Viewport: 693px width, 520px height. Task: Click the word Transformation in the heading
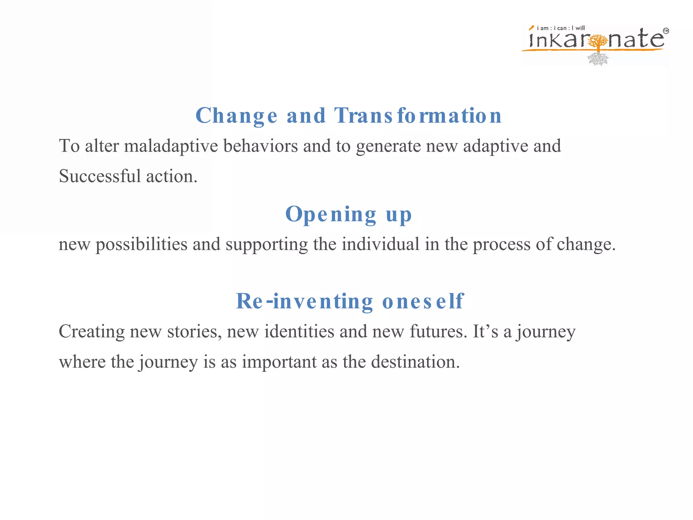(x=418, y=116)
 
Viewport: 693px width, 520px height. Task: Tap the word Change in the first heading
(x=236, y=116)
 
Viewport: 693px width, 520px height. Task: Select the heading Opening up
(x=349, y=214)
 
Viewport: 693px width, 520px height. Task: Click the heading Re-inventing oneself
(x=350, y=301)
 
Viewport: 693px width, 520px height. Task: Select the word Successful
(x=99, y=176)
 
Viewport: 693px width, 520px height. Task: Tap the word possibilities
(x=141, y=244)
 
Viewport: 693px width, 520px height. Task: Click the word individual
(x=380, y=244)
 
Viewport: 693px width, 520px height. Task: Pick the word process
(x=501, y=244)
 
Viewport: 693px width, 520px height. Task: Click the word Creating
(x=91, y=331)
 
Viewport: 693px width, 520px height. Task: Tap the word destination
(x=415, y=362)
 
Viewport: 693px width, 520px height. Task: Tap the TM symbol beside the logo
(x=666, y=31)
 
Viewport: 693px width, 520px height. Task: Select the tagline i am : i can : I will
(x=560, y=28)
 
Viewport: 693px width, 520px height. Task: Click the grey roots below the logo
(x=598, y=59)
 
